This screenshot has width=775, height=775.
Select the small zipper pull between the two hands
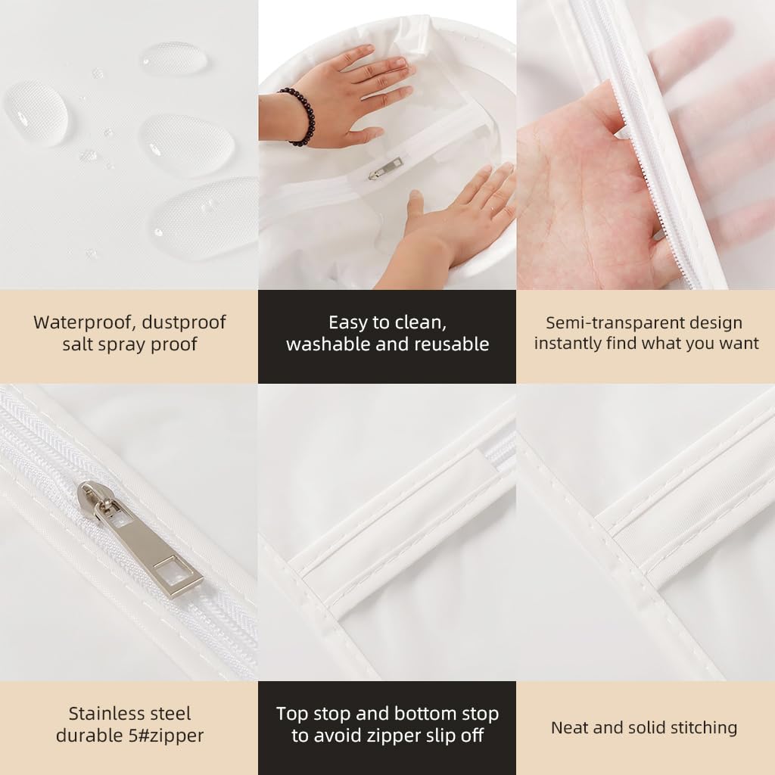[x=385, y=169]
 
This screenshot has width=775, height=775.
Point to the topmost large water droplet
[x=173, y=59]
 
